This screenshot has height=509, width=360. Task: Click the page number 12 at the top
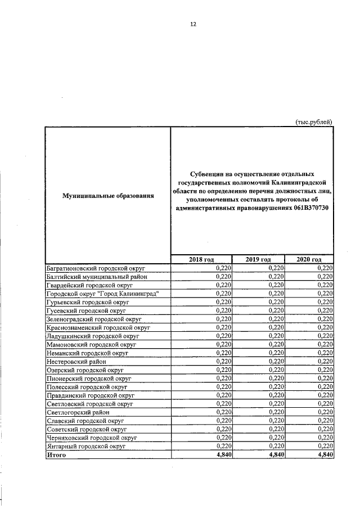(x=193, y=24)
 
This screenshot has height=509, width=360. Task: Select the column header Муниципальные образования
(x=108, y=195)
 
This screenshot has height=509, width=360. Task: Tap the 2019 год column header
(x=258, y=259)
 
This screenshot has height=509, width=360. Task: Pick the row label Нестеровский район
(x=73, y=361)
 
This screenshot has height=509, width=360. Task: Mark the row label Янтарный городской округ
(x=85, y=446)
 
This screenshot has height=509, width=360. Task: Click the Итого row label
(x=56, y=454)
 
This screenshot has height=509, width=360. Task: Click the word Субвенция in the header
(x=205, y=174)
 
